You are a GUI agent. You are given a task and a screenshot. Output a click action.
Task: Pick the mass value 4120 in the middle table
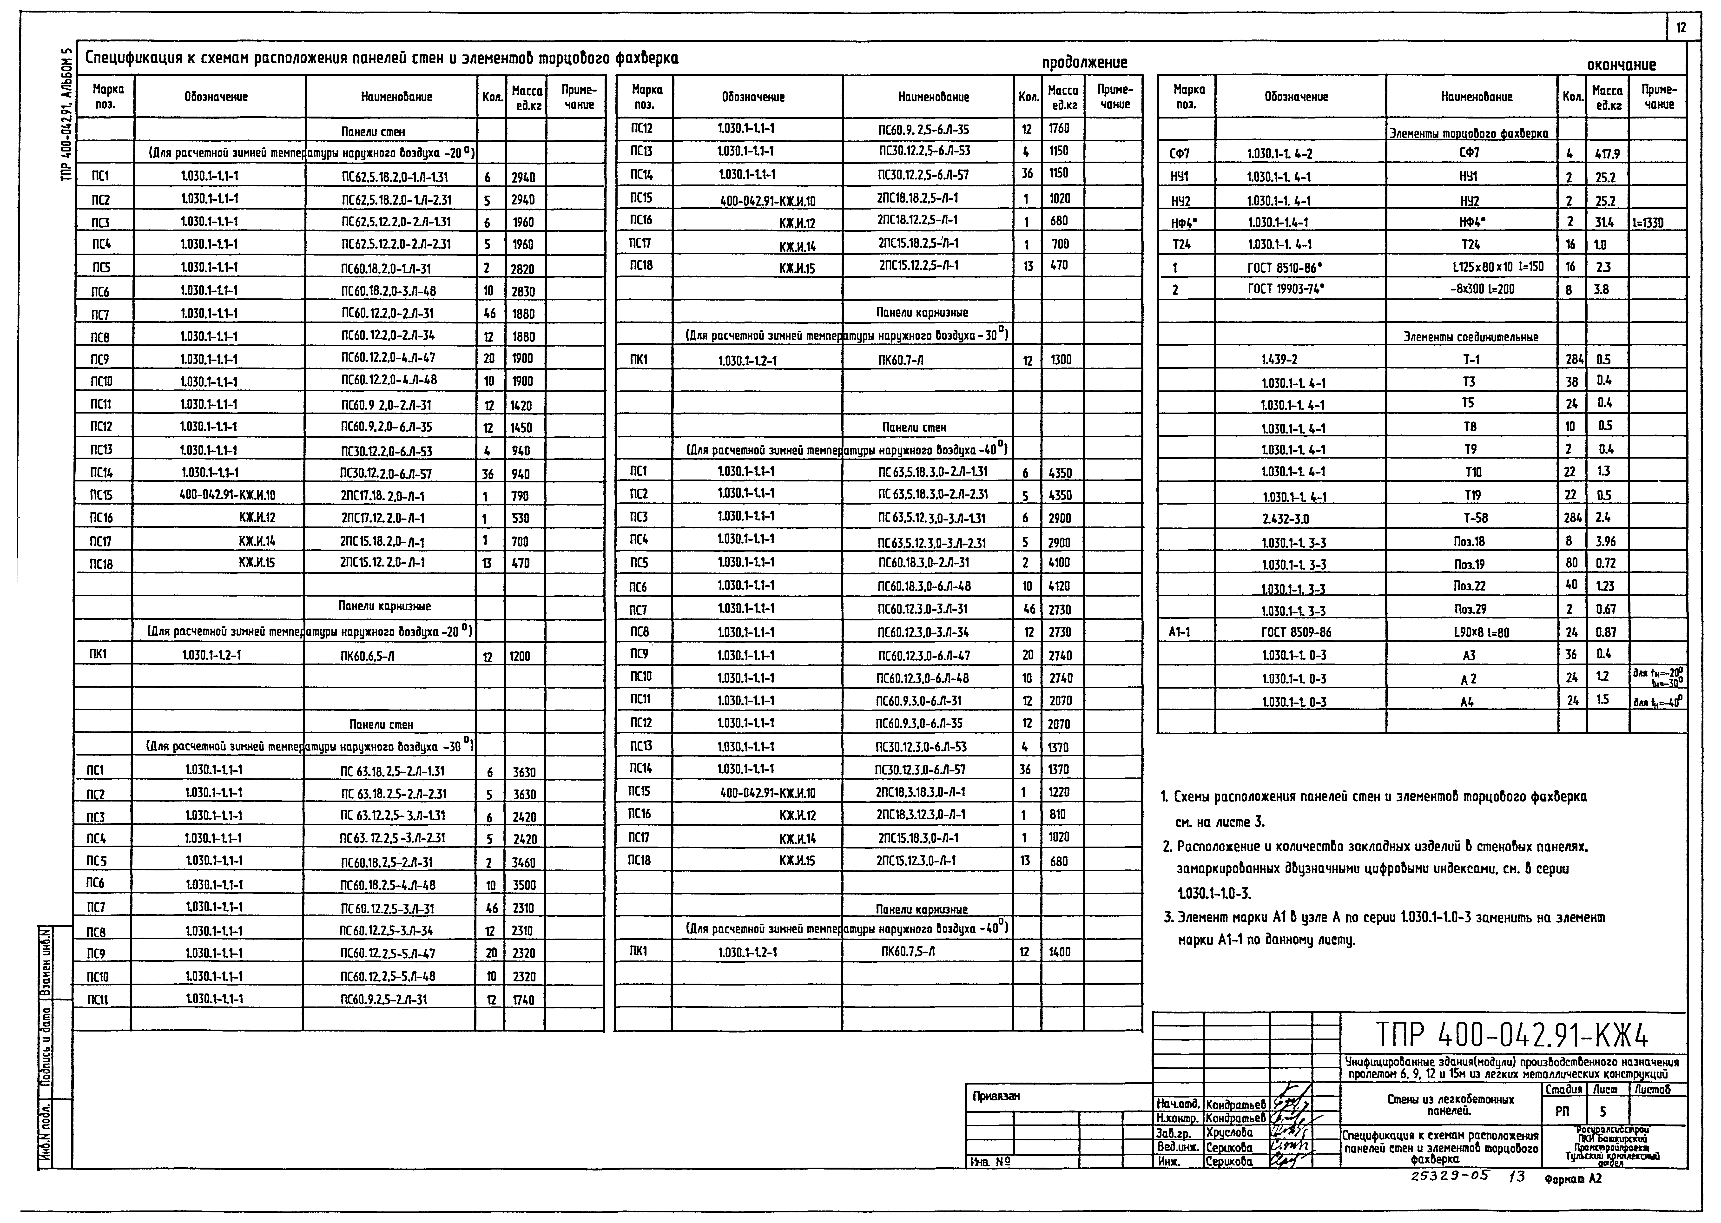click(x=1060, y=586)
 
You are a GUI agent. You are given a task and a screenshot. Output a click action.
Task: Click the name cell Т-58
click(x=1470, y=518)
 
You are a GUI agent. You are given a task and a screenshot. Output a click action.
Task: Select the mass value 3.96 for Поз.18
click(x=1605, y=541)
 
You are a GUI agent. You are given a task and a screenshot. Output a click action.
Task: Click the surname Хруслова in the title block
click(x=1229, y=1132)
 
